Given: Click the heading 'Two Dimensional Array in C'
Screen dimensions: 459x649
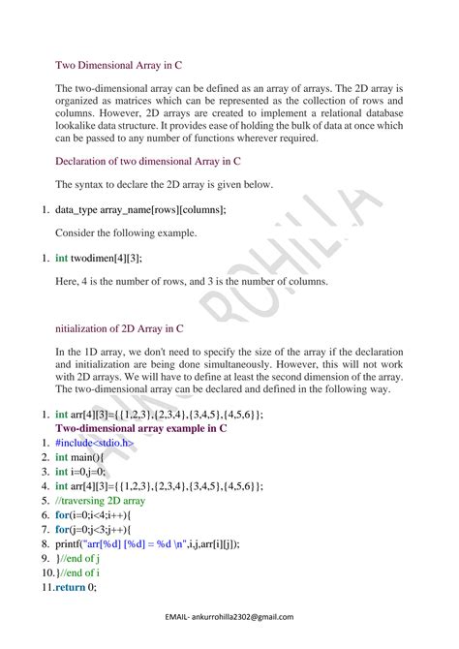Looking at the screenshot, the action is pyautogui.click(x=118, y=66).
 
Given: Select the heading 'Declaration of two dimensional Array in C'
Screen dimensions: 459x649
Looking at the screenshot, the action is pyautogui.click(x=148, y=161).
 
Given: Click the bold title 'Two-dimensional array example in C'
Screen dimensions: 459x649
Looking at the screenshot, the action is pyautogui.click(x=141, y=427).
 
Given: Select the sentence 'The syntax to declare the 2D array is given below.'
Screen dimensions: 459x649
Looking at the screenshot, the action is pyautogui.click(x=178, y=185).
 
